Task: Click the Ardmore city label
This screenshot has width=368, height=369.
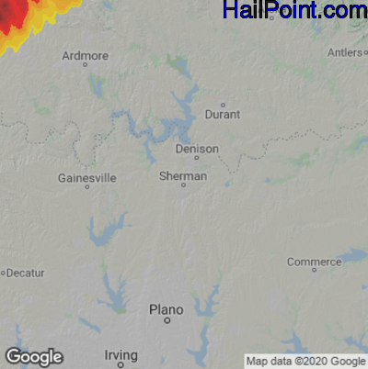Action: [86, 55]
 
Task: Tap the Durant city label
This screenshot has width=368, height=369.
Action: [223, 115]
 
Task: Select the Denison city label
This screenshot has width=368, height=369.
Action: [198, 148]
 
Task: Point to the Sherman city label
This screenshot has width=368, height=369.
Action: [182, 175]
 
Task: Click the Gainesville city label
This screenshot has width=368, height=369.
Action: [86, 177]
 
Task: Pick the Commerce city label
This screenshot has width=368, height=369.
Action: [314, 262]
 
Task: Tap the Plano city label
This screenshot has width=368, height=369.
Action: [166, 310]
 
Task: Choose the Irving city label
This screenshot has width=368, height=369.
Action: [121, 354]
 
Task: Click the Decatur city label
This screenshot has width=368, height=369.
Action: [26, 273]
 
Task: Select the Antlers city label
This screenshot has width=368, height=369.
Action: [344, 52]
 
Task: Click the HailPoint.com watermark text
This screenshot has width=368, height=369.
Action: [294, 11]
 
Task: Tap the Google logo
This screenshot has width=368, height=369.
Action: [33, 356]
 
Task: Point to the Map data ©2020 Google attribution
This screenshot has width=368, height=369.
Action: [305, 361]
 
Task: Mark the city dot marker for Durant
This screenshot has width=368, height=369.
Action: [223, 105]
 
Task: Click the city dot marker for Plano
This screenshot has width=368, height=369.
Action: [167, 321]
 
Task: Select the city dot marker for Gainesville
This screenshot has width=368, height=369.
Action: [87, 187]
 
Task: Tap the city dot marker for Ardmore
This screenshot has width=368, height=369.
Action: [86, 65]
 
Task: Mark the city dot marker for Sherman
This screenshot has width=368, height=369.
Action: [183, 185]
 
